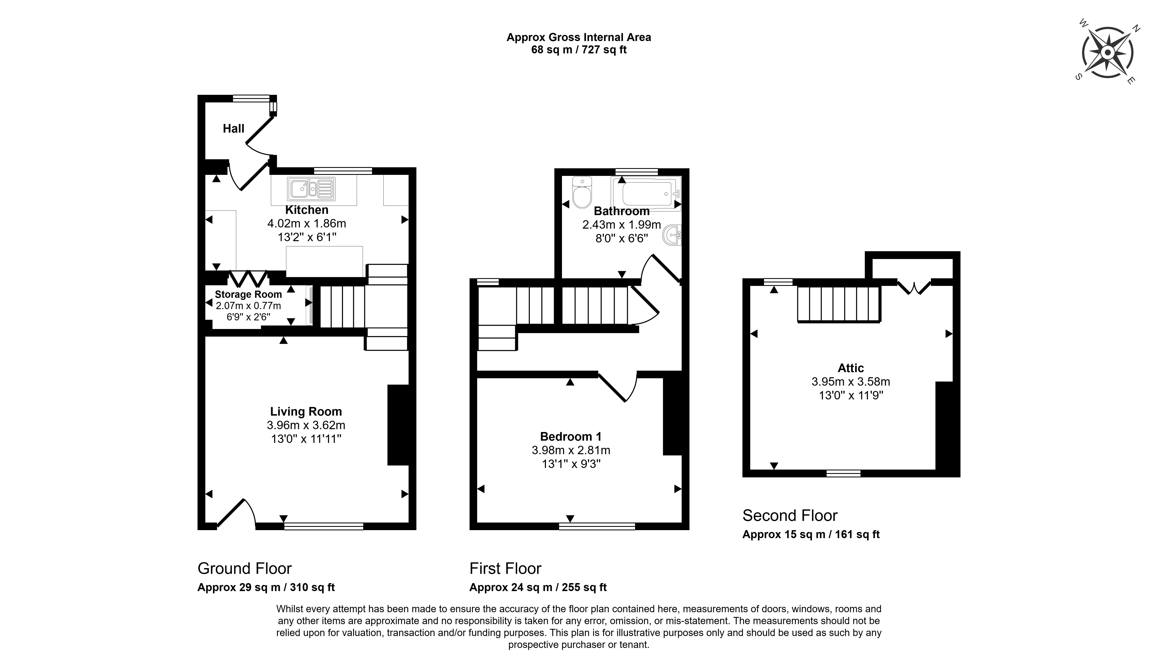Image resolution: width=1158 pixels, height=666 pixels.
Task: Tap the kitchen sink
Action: pyautogui.click(x=311, y=189)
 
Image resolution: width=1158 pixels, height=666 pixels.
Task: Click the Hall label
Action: pyautogui.click(x=233, y=128)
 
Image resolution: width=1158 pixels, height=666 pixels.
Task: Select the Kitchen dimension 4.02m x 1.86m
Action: pyautogui.click(x=307, y=224)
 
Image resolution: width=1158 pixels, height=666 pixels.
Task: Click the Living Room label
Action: pyautogui.click(x=306, y=412)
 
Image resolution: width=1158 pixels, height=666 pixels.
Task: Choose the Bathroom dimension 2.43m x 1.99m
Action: pyautogui.click(x=621, y=225)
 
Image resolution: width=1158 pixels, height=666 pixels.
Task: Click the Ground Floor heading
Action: pyautogui.click(x=244, y=569)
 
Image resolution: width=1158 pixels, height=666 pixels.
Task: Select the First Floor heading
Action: pyautogui.click(x=505, y=569)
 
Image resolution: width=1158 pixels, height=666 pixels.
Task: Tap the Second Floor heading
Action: pyautogui.click(x=790, y=516)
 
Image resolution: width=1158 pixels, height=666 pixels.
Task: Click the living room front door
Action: pyautogui.click(x=236, y=512)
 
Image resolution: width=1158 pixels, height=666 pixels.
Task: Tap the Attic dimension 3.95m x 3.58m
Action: pyautogui.click(x=851, y=382)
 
